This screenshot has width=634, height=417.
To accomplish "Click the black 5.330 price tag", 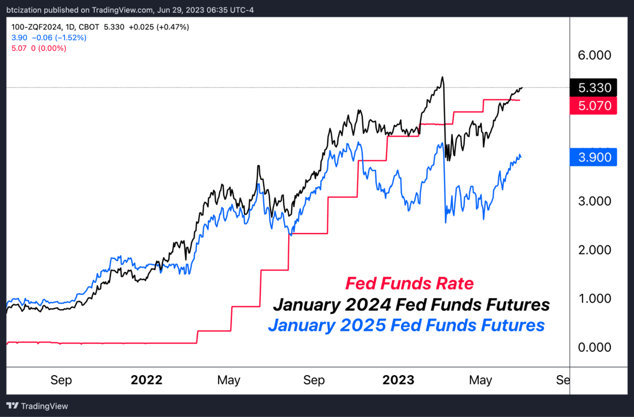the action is click(x=593, y=87).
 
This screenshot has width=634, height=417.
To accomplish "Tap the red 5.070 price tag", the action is click(x=593, y=106).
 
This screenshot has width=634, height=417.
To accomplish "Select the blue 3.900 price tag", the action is click(x=593, y=157).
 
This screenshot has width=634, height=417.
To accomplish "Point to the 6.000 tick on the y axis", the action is click(x=594, y=55).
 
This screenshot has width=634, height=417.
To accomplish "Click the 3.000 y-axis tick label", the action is click(x=594, y=201).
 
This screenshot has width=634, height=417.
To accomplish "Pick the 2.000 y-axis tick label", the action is click(x=594, y=250).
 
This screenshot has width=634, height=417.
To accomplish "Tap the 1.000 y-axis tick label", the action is click(x=594, y=299).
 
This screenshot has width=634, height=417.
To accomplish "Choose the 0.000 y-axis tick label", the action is click(x=594, y=347).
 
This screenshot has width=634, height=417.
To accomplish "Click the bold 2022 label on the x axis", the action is click(x=147, y=380).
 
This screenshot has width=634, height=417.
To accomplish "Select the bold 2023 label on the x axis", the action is click(x=399, y=380).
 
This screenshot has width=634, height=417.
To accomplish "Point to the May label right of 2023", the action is click(x=481, y=380).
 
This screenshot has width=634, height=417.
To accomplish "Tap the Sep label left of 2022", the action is click(x=61, y=380).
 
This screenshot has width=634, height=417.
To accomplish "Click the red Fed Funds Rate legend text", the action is click(x=409, y=283).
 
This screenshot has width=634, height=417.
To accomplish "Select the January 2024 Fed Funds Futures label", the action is click(x=411, y=304).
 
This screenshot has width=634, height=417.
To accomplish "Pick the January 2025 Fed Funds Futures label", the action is click(x=406, y=325).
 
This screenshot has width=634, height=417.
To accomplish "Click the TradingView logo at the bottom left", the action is click(x=37, y=406).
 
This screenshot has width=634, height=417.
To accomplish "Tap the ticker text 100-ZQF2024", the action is click(x=37, y=27).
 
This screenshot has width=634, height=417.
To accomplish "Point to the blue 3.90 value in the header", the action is click(x=19, y=37).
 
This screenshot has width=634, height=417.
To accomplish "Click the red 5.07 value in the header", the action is click(x=19, y=48).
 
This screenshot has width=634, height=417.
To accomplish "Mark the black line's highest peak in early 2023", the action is click(x=442, y=76).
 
